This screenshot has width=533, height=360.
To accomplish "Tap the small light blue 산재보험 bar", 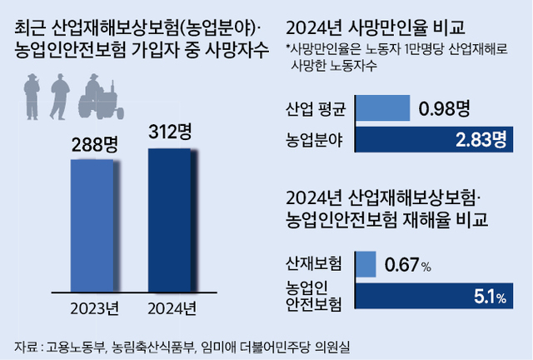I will tap(366, 264).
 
